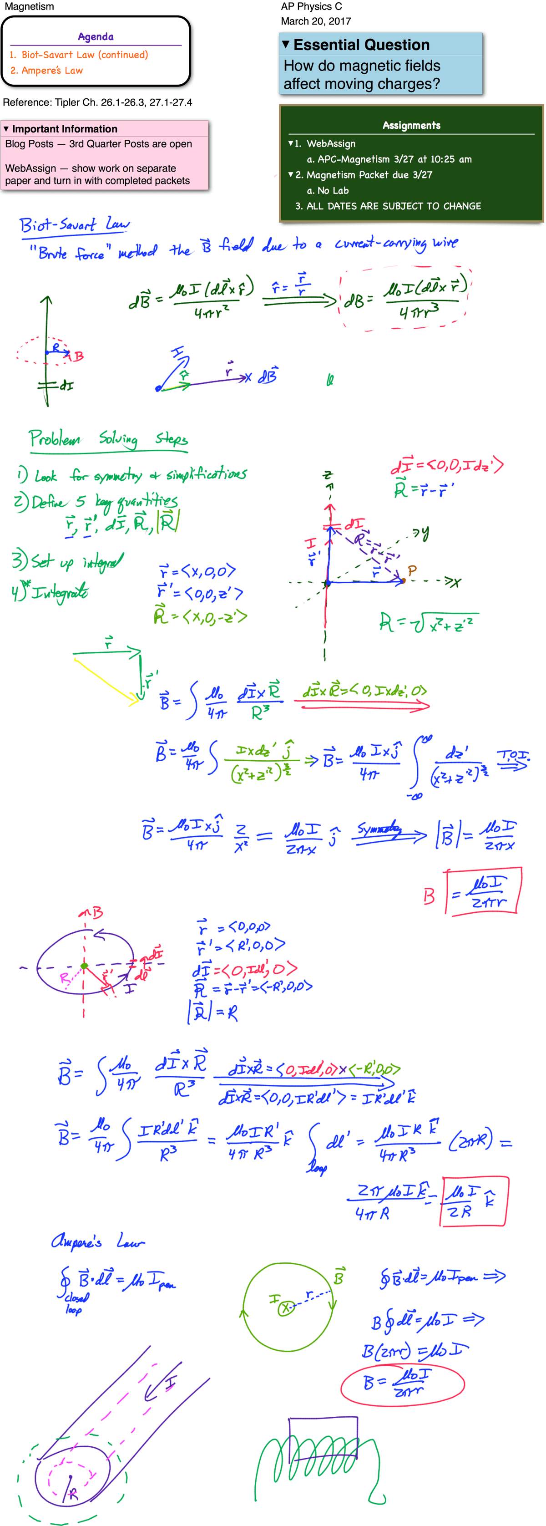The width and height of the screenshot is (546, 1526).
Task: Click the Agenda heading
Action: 96,37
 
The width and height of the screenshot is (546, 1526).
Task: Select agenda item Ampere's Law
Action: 52,71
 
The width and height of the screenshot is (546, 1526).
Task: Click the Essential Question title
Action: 361,45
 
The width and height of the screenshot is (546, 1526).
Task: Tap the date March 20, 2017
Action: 316,21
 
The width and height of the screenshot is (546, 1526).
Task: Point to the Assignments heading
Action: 411,126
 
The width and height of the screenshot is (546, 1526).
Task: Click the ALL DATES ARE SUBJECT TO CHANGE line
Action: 393,206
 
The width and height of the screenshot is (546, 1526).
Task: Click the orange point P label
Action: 412,570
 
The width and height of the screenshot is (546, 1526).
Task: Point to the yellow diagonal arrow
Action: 106,681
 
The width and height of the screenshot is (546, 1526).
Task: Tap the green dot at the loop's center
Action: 84,966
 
